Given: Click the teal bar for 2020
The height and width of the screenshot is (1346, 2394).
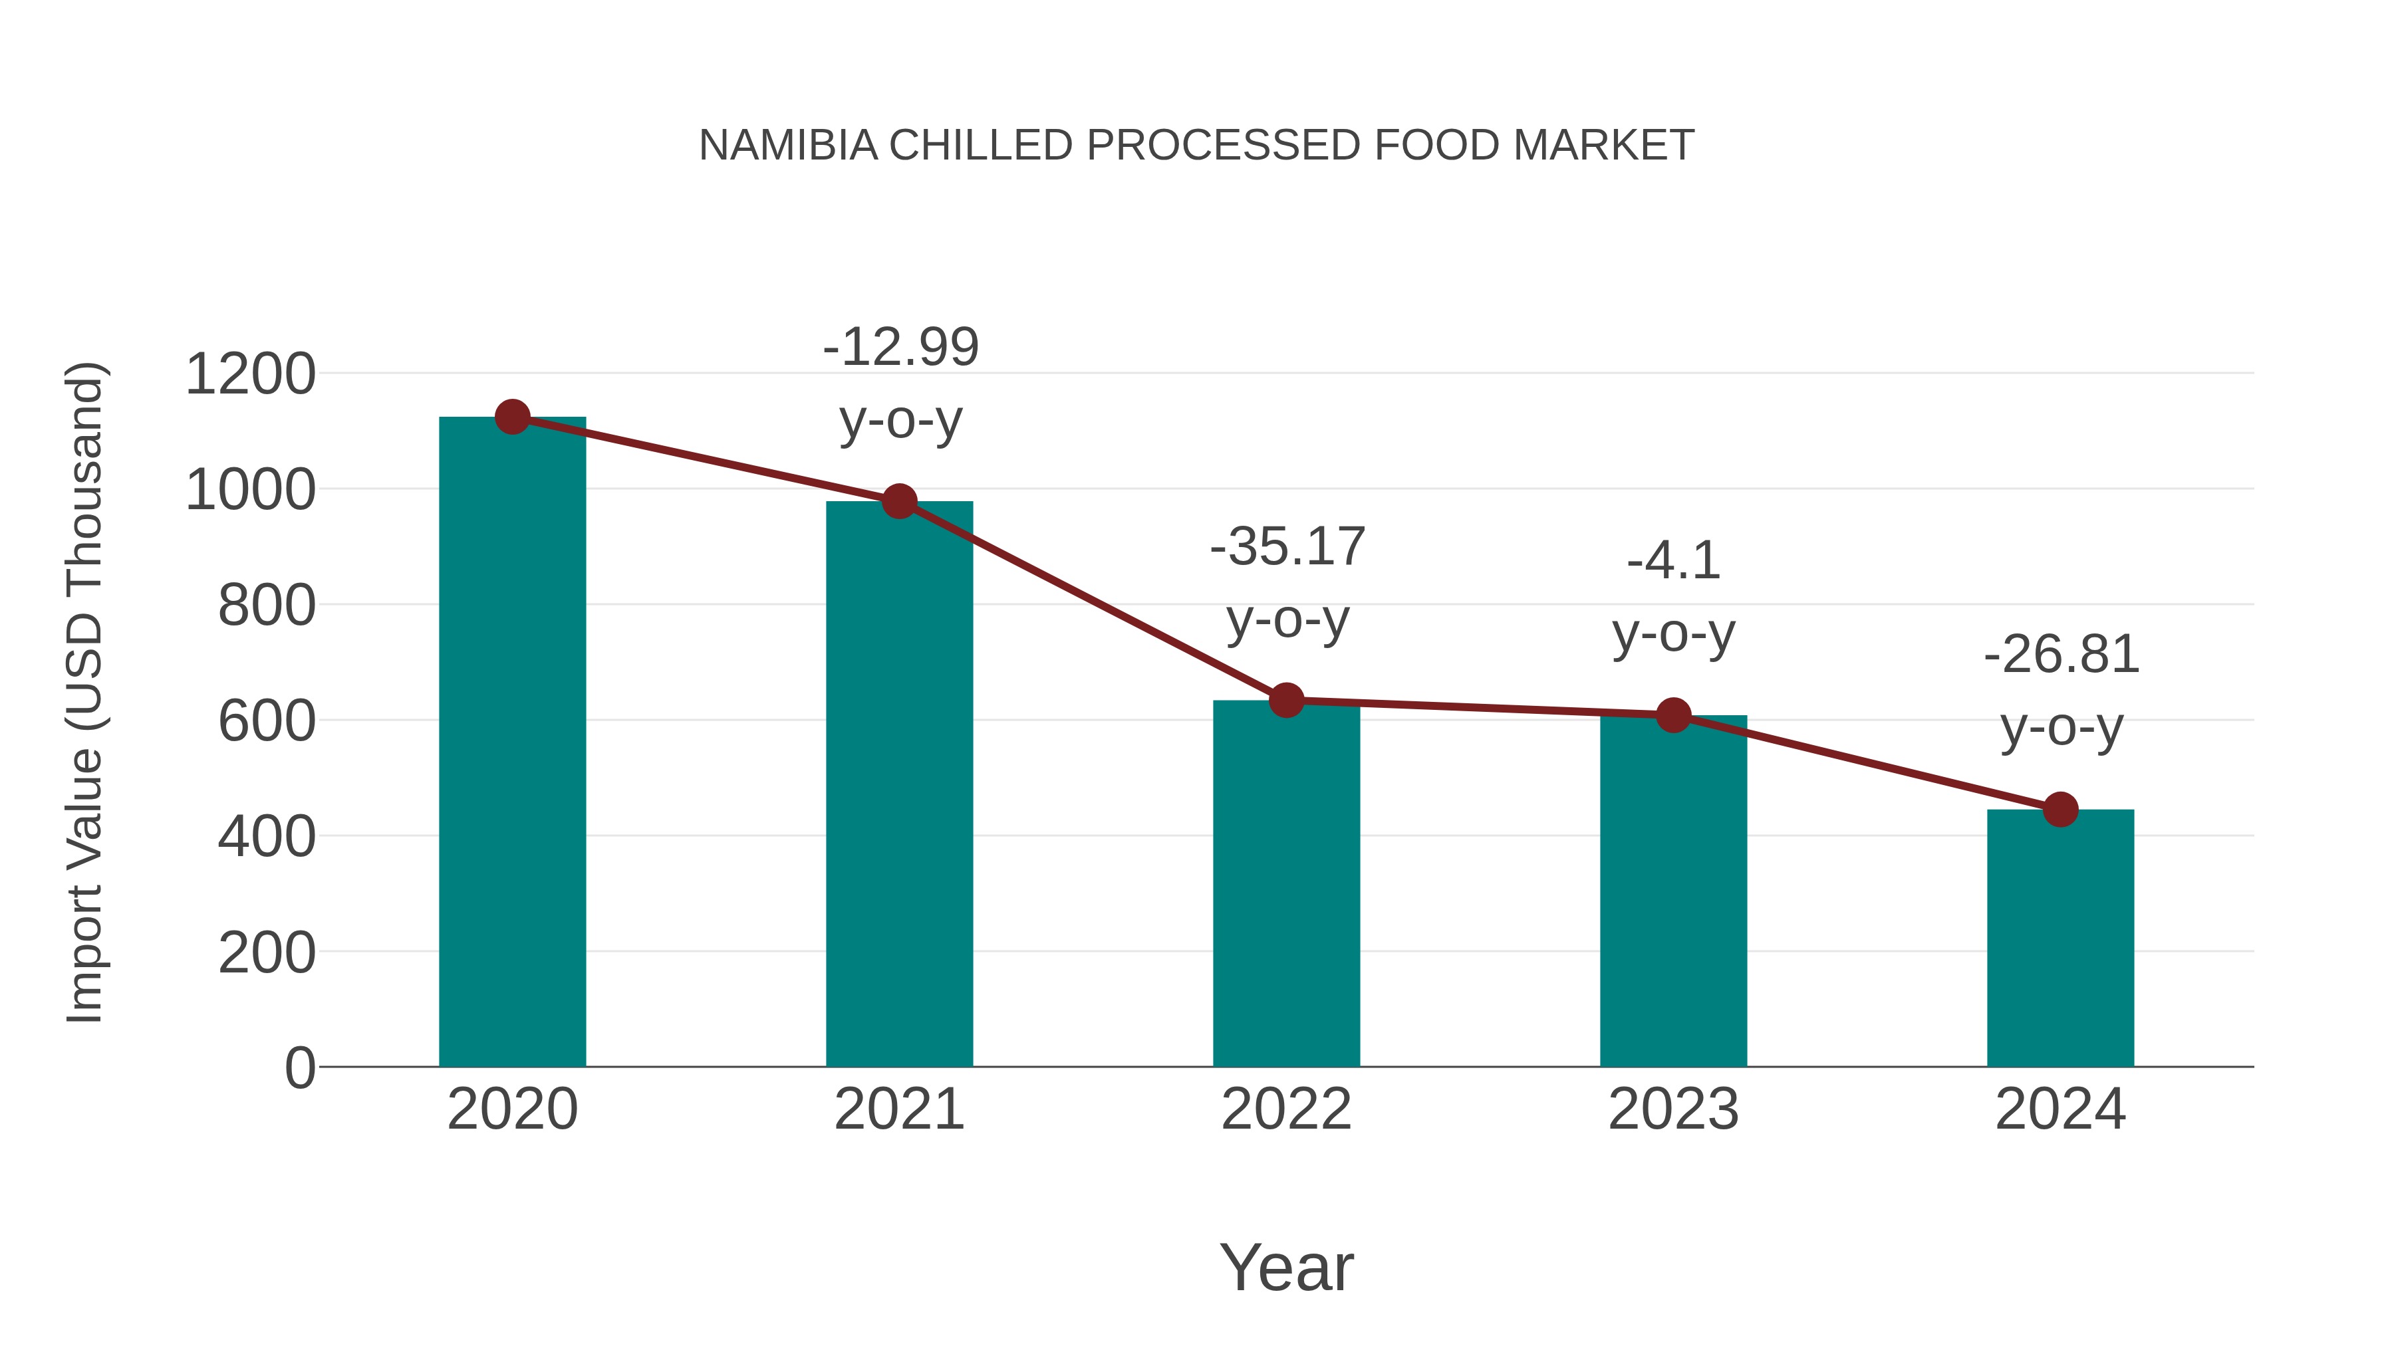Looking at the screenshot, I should [x=512, y=743].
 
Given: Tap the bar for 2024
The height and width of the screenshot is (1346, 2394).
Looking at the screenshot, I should [x=2060, y=938].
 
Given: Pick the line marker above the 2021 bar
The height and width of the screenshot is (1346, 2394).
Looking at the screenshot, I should [x=898, y=502].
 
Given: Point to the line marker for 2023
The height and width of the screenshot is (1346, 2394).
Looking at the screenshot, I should [x=1673, y=715].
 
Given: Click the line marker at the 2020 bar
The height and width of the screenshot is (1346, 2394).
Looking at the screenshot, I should [x=512, y=417].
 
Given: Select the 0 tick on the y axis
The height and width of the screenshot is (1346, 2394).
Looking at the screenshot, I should [x=299, y=1068].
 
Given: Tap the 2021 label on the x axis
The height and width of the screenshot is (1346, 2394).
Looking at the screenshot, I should [x=898, y=1109].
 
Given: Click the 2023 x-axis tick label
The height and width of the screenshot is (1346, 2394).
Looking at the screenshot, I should [x=1673, y=1109].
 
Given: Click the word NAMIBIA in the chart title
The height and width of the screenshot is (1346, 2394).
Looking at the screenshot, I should [x=788, y=146].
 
